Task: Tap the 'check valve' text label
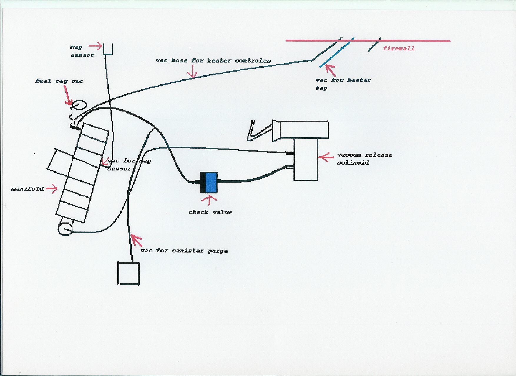pyautogui.click(x=210, y=212)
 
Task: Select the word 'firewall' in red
pyautogui.click(x=399, y=48)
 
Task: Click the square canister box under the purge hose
pyautogui.click(x=128, y=273)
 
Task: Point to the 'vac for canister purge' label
pyautogui.click(x=184, y=251)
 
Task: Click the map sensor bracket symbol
pyautogui.click(x=108, y=49)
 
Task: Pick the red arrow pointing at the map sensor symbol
pyautogui.click(x=95, y=46)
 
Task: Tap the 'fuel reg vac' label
pyautogui.click(x=59, y=81)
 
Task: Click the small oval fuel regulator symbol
pyautogui.click(x=79, y=105)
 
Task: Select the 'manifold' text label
pyautogui.click(x=27, y=189)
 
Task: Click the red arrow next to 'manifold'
pyautogui.click(x=52, y=188)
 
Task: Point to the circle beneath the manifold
pyautogui.click(x=65, y=229)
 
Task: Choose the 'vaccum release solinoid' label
pyautogui.click(x=364, y=159)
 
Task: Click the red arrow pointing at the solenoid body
pyautogui.click(x=326, y=157)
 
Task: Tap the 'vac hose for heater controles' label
pyautogui.click(x=213, y=60)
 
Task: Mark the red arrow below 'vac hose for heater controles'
pyautogui.click(x=193, y=72)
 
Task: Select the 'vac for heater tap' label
pyautogui.click(x=343, y=84)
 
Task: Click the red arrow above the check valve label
pyautogui.click(x=209, y=200)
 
